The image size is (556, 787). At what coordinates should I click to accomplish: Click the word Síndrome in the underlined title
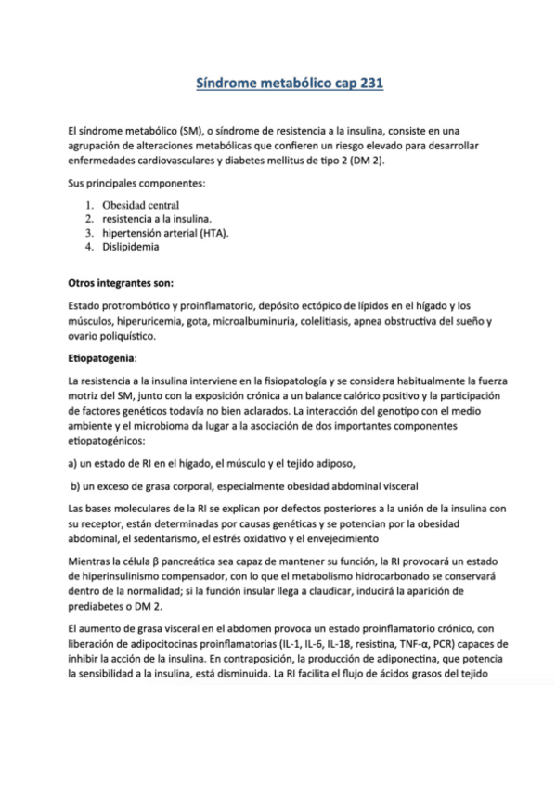pyautogui.click(x=225, y=84)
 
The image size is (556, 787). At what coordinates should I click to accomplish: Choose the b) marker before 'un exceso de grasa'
pyautogui.click(x=76, y=484)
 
